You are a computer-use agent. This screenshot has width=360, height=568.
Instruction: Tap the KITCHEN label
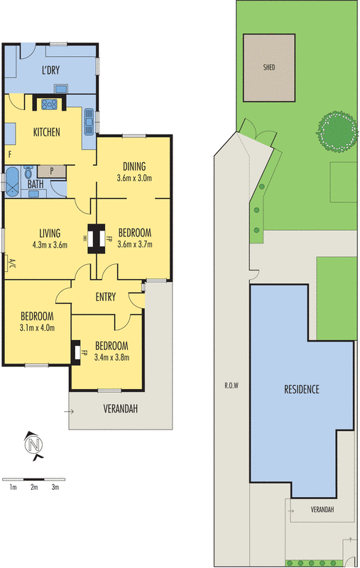click(x=47, y=132)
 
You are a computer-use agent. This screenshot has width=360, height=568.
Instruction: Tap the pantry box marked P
click(x=51, y=171)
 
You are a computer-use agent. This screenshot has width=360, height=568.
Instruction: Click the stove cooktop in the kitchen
click(x=50, y=104)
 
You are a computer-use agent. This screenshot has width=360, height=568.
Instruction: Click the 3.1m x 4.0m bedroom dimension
click(x=37, y=327)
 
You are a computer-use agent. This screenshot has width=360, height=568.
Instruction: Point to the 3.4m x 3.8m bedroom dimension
click(x=111, y=357)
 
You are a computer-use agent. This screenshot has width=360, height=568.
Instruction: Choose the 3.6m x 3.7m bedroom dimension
click(x=135, y=245)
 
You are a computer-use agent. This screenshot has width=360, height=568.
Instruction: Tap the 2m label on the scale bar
click(x=33, y=488)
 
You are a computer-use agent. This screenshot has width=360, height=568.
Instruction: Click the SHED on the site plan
click(x=269, y=67)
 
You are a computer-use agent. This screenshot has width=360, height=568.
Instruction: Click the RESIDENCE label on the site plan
click(x=302, y=389)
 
